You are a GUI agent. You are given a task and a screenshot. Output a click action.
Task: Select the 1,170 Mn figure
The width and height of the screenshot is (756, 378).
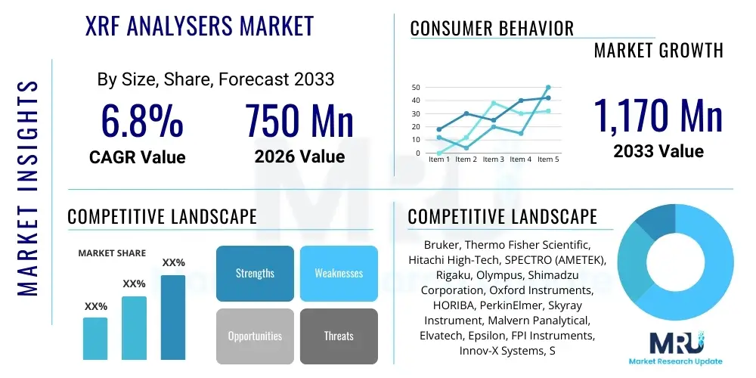(658, 116)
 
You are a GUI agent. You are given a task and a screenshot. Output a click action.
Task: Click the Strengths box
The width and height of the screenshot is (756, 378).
(255, 273)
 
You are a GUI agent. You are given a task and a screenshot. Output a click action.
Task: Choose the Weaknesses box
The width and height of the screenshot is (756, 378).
(339, 273)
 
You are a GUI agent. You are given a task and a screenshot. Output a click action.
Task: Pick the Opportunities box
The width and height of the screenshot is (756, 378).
(255, 336)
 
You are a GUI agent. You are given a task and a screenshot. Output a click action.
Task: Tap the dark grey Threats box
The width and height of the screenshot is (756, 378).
(339, 336)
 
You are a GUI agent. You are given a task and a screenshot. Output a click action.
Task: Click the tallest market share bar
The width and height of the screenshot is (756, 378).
(173, 317)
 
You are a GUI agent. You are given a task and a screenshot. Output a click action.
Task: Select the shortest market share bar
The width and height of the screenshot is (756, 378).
(95, 338)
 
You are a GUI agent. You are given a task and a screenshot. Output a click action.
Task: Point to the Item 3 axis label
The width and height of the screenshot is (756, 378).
(494, 160)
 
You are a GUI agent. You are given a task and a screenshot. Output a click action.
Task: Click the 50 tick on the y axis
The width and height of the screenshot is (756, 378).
(416, 88)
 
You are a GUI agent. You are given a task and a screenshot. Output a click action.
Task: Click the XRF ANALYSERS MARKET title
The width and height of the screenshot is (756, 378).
(200, 26)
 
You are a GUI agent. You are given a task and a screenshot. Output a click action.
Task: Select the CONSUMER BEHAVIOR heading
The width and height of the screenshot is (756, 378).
(492, 29)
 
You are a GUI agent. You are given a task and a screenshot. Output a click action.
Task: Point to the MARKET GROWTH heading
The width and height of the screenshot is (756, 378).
(658, 51)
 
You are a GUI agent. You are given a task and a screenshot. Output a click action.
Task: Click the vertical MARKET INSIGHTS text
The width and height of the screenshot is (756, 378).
(27, 185)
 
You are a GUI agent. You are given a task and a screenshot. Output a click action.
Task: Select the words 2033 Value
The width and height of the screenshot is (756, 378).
(658, 151)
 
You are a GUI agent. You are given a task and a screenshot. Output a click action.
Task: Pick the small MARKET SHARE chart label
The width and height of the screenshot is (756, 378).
(112, 253)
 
